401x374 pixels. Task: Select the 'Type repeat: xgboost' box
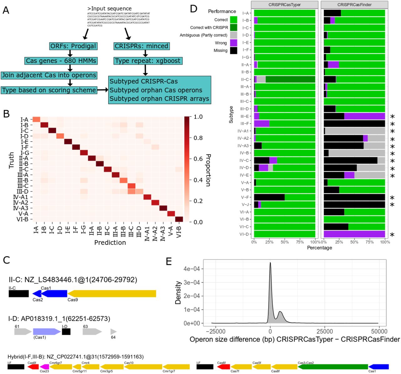tap(148, 61)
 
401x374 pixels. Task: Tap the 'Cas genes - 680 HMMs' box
tap(61, 61)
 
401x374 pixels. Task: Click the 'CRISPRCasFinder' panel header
tap(354, 5)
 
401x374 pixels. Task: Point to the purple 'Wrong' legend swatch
tap(233, 43)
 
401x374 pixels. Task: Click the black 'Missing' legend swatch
tap(233, 50)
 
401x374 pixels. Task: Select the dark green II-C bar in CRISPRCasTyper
tap(290, 79)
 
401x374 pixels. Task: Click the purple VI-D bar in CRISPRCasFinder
tap(354, 234)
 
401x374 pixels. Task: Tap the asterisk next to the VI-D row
tap(392, 235)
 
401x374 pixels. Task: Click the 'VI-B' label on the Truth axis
tap(22, 219)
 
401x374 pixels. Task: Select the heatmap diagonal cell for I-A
tap(36, 119)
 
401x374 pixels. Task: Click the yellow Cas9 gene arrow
tap(112, 293)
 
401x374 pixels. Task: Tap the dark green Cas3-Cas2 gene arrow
tap(333, 366)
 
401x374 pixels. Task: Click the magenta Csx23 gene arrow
tap(44, 366)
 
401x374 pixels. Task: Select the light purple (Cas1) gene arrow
tap(47, 331)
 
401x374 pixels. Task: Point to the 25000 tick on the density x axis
tap(325, 331)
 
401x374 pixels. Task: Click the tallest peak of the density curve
tap(270, 263)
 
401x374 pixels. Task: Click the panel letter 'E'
tap(169, 261)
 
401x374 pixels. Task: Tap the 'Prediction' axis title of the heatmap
tap(110, 242)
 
